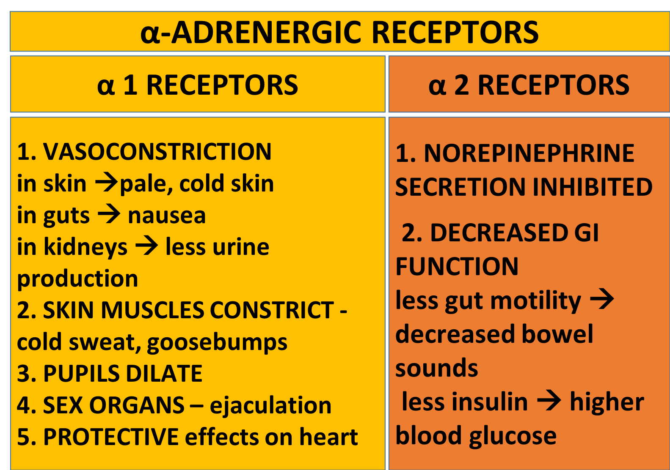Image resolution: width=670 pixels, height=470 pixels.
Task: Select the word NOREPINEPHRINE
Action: [x=529, y=153]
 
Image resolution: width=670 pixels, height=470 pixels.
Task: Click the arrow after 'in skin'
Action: [x=107, y=183]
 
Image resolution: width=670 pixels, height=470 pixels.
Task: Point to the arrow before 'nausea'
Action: [x=109, y=214]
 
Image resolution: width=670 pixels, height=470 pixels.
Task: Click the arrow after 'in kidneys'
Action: [x=146, y=246]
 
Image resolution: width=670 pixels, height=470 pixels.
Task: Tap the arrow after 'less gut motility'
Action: [x=602, y=299]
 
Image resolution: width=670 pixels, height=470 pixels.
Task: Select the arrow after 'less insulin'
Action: [x=549, y=400]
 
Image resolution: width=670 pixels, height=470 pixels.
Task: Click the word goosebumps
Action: [x=217, y=343]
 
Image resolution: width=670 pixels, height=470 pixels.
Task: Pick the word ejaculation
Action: [x=271, y=405]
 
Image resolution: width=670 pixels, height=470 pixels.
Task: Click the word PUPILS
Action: [x=79, y=374]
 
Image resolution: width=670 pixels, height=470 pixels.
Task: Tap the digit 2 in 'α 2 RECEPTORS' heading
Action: [x=461, y=85]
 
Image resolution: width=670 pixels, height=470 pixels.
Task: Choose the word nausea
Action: [x=167, y=216]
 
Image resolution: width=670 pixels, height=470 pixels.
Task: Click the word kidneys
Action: [x=85, y=247]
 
